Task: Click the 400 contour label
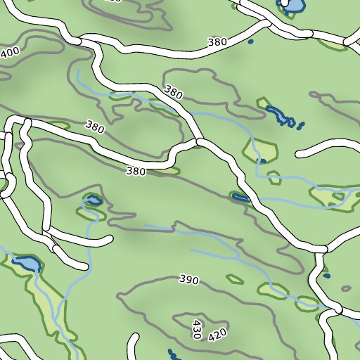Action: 10,53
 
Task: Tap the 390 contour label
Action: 188,280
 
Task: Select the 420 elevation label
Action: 217,333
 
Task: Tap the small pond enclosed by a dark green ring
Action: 93,201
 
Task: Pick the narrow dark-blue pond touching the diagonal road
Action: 240,198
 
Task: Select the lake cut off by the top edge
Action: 292,6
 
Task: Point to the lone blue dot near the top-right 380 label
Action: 251,42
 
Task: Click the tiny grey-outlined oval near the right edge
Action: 346,288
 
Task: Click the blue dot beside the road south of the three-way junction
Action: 326,276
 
